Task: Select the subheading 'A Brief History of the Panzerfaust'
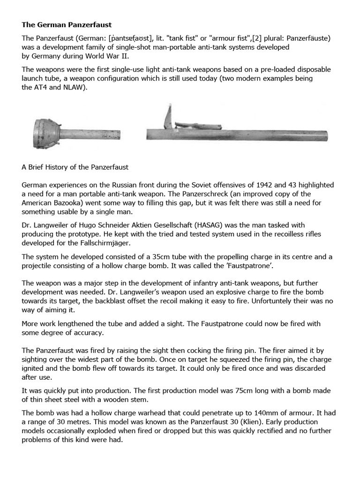(x=75, y=167)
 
